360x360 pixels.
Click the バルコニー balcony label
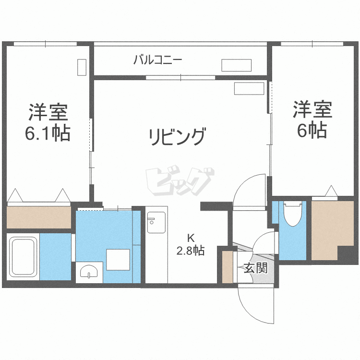click(x=158, y=60)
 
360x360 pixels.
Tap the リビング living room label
click(x=177, y=137)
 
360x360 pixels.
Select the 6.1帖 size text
click(x=48, y=132)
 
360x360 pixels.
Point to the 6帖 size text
click(x=312, y=130)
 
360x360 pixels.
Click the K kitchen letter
click(x=191, y=238)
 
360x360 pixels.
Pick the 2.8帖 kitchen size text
click(x=191, y=251)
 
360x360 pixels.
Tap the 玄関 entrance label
click(x=255, y=268)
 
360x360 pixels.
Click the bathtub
click(x=23, y=257)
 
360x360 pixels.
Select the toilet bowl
click(x=292, y=214)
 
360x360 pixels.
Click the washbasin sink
click(x=89, y=272)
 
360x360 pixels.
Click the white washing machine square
click(x=118, y=260)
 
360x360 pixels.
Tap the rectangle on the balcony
click(x=236, y=65)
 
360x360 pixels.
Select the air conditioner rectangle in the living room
click(x=249, y=88)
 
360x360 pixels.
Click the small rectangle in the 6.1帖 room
click(x=82, y=67)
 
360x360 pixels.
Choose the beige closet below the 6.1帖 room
click(x=39, y=217)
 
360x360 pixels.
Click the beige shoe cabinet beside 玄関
click(x=228, y=267)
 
